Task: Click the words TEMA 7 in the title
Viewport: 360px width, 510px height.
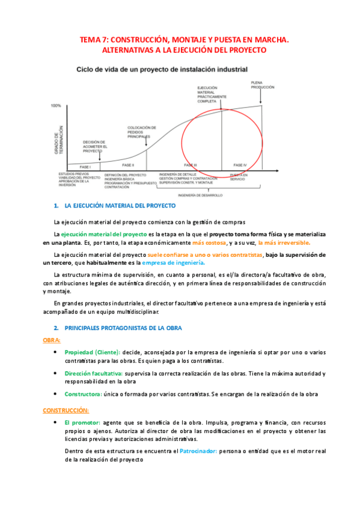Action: click(94, 40)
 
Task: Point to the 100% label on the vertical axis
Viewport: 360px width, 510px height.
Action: click(56, 106)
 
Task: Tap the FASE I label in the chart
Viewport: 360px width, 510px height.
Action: click(85, 166)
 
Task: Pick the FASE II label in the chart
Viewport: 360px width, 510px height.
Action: click(127, 165)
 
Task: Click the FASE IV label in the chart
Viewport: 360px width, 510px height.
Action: click(239, 164)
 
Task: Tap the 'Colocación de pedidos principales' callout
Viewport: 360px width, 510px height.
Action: click(142, 132)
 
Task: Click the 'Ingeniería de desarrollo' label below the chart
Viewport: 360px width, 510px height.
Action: click(200, 195)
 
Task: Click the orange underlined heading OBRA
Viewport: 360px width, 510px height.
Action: click(52, 340)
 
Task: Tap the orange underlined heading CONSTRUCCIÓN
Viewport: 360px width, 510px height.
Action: click(66, 410)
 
